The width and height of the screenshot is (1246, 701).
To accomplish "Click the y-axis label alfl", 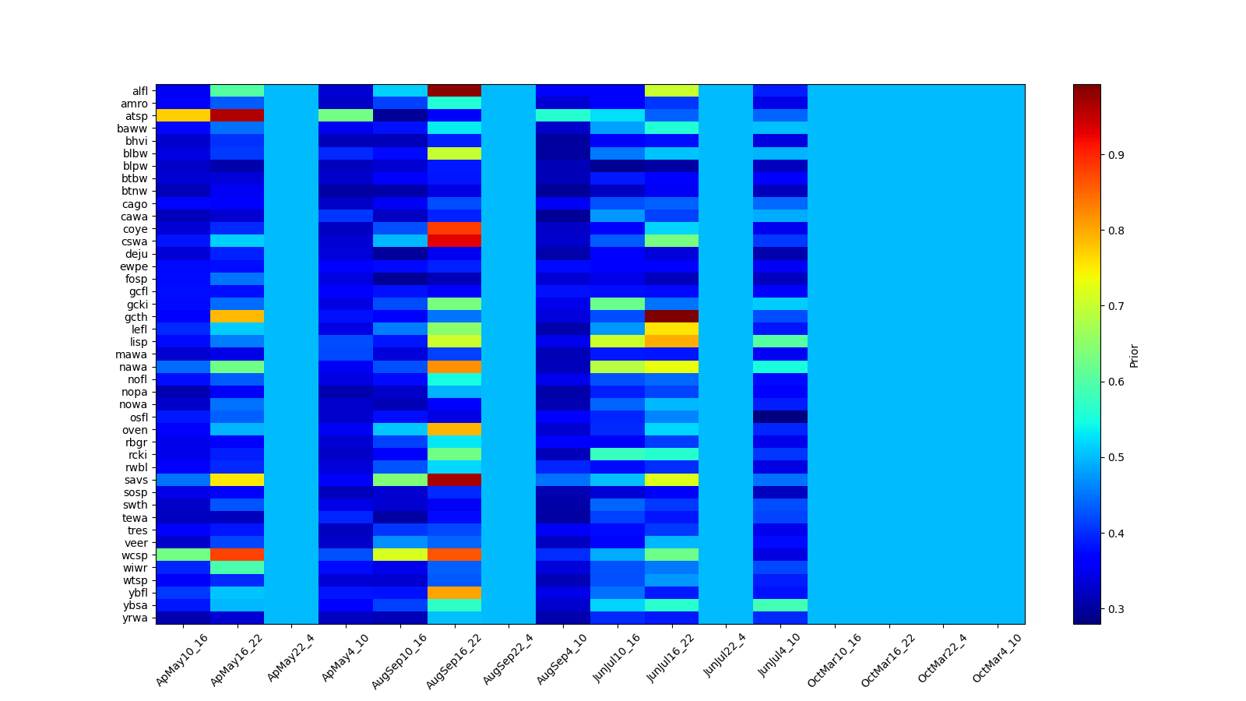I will [140, 91].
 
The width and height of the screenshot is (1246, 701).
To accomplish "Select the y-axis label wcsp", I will [137, 555].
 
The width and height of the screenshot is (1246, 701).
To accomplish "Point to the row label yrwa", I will [138, 618].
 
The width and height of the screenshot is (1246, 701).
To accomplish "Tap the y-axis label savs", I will [138, 481].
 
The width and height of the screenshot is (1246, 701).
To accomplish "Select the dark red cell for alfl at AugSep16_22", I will [454, 90].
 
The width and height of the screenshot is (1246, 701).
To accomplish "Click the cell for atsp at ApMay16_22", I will [237, 115].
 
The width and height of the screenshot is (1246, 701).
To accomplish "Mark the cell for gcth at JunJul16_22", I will [671, 316].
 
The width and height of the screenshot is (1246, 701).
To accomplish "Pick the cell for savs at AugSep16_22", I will [454, 480].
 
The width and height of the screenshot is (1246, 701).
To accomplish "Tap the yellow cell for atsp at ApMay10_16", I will [183, 115].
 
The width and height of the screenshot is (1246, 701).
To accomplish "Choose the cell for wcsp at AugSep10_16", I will [399, 555].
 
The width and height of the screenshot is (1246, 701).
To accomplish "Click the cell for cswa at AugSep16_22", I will [454, 241].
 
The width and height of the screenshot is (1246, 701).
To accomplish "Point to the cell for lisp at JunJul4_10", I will [780, 341].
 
